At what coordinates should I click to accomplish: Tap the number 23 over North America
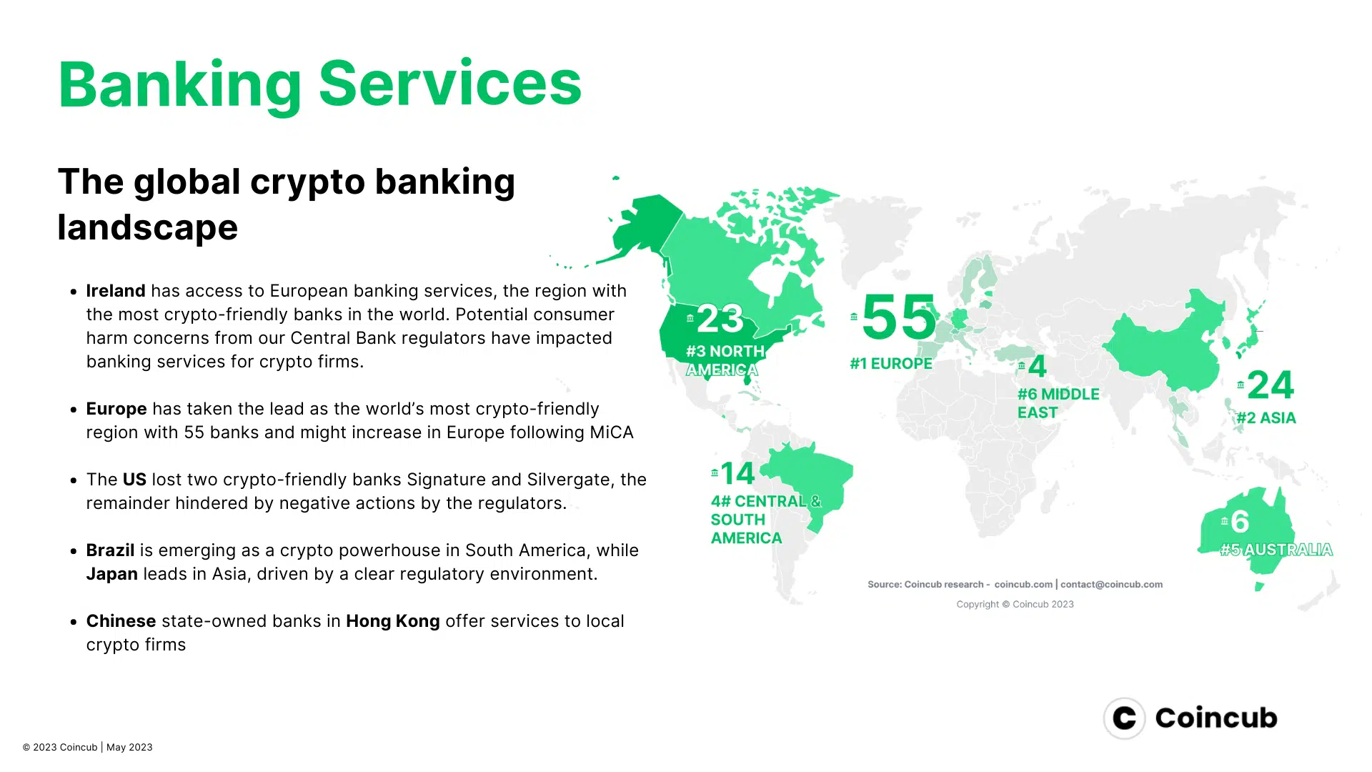pyautogui.click(x=720, y=319)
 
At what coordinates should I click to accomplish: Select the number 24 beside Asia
pyautogui.click(x=1271, y=385)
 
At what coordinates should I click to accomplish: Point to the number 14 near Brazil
pyautogui.click(x=737, y=473)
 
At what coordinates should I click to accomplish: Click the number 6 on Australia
pyautogui.click(x=1240, y=522)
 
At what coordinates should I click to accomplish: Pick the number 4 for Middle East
pyautogui.click(x=1037, y=367)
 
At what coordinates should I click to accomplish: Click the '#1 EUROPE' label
pyautogui.click(x=891, y=363)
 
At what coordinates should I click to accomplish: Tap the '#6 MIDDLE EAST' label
pyautogui.click(x=1058, y=403)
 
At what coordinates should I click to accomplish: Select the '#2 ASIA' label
pyautogui.click(x=1266, y=418)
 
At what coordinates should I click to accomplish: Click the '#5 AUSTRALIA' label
pyautogui.click(x=1276, y=550)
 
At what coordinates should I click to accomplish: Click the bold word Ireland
pyautogui.click(x=116, y=291)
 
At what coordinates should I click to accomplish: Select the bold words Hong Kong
pyautogui.click(x=393, y=621)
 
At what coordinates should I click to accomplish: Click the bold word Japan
pyautogui.click(x=112, y=574)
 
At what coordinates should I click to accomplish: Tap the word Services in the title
pyautogui.click(x=450, y=84)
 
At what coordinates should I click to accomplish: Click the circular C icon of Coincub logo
pyautogui.click(x=1124, y=718)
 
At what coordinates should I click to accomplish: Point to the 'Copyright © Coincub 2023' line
pyautogui.click(x=1015, y=604)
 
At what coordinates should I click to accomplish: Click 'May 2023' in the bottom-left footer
pyautogui.click(x=129, y=747)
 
